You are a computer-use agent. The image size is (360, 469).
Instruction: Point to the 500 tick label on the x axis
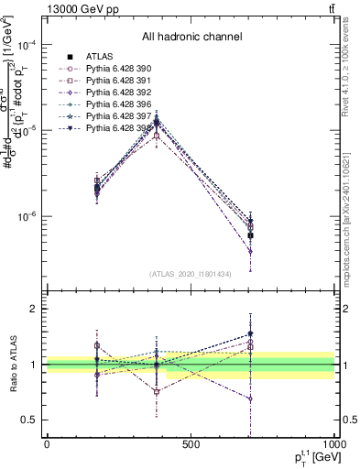coord(191,442)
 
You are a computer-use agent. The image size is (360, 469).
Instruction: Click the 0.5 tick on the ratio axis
coord(31,420)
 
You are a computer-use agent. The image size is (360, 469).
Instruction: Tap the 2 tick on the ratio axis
coord(35,309)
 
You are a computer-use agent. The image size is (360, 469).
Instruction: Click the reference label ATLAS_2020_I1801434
coord(191,273)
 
